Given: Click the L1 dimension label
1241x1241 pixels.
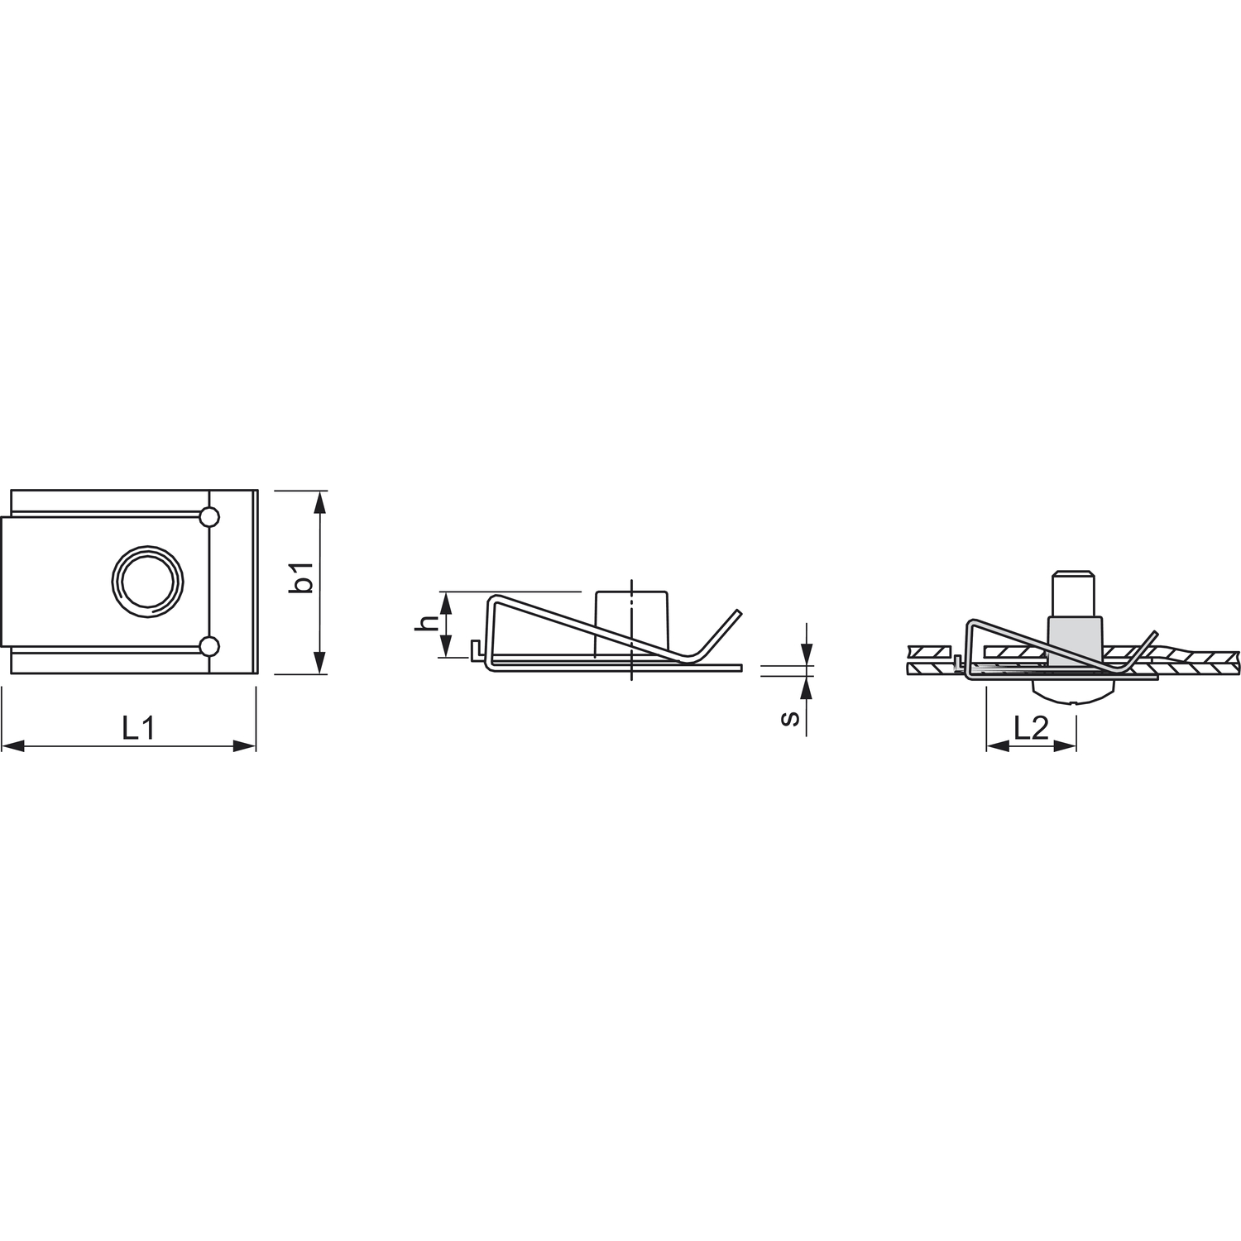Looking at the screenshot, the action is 138,728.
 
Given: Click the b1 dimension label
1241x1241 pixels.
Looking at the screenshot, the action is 304,577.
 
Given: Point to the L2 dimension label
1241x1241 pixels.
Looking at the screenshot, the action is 1031,728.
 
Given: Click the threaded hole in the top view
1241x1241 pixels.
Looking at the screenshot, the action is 146,581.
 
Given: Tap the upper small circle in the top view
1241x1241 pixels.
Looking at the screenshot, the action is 210,518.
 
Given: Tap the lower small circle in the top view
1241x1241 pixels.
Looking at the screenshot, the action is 210,645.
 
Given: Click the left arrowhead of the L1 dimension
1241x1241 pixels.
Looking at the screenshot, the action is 12,746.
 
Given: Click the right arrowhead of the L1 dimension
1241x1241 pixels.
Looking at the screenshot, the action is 245,746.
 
